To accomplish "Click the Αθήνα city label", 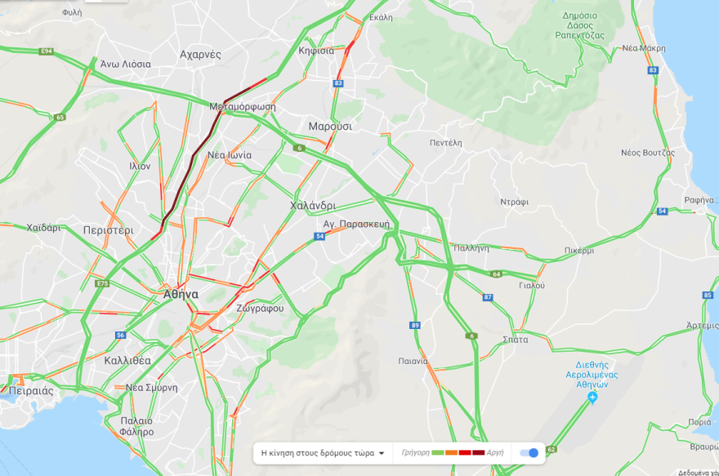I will pyautogui.click(x=181, y=294).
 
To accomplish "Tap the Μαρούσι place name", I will pyautogui.click(x=330, y=127).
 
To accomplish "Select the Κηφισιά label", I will pyautogui.click(x=316, y=51).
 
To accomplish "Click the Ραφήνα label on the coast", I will pyautogui.click(x=700, y=200).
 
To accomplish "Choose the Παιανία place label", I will pyautogui.click(x=413, y=361).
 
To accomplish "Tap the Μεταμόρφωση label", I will pyautogui.click(x=243, y=107).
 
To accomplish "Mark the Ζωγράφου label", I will pyautogui.click(x=260, y=309).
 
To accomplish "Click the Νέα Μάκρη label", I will pyautogui.click(x=643, y=48).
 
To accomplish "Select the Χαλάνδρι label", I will pyautogui.click(x=313, y=206).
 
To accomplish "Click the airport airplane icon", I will pyautogui.click(x=592, y=398).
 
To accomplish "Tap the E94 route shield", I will pyautogui.click(x=47, y=51).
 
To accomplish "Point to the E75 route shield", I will pyautogui.click(x=102, y=283).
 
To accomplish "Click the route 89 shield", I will pyautogui.click(x=415, y=326).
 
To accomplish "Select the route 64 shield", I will pyautogui.click(x=496, y=274).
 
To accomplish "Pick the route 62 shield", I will pyautogui.click(x=552, y=450).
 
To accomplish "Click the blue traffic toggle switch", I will pyautogui.click(x=530, y=453).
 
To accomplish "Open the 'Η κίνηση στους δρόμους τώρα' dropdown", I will pyautogui.click(x=322, y=453).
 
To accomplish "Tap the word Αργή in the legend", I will pyautogui.click(x=494, y=453).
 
